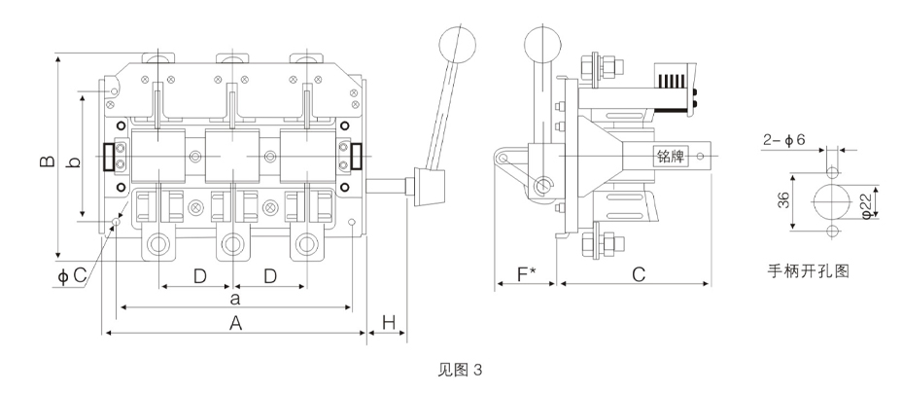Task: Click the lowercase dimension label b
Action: pyautogui.click(x=73, y=162)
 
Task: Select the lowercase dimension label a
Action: pyautogui.click(x=234, y=298)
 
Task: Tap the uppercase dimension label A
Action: pyautogui.click(x=235, y=324)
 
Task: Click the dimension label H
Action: pyautogui.click(x=389, y=323)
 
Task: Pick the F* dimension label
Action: pyautogui.click(x=526, y=275)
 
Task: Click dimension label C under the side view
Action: pyautogui.click(x=639, y=275)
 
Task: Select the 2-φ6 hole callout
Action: pyautogui.click(x=784, y=140)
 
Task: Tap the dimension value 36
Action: pyautogui.click(x=782, y=200)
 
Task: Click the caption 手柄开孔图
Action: pyautogui.click(x=809, y=271)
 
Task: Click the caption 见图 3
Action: pyautogui.click(x=460, y=370)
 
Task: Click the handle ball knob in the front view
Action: pyautogui.click(x=458, y=43)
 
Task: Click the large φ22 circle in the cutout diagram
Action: pyautogui.click(x=831, y=201)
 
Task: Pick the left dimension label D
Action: pyautogui.click(x=199, y=276)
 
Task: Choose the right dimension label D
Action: pyautogui.click(x=270, y=276)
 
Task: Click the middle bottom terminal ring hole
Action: pyautogui.click(x=232, y=244)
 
